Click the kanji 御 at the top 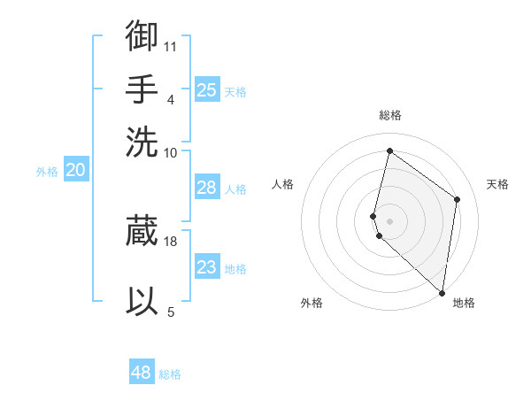point(142,36)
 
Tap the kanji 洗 point(142,141)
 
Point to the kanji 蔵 point(142,230)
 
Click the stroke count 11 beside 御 point(171,45)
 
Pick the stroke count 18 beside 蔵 point(171,240)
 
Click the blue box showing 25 point(206,90)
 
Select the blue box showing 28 point(206,188)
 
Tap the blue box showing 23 point(206,267)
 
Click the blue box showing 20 point(75,171)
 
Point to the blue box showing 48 point(142,373)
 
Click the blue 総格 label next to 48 point(170,374)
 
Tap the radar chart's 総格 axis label point(390,116)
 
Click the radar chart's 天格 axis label point(497,184)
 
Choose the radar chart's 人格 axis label point(283,184)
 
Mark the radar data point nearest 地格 point(442,292)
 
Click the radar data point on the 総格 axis point(389,150)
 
